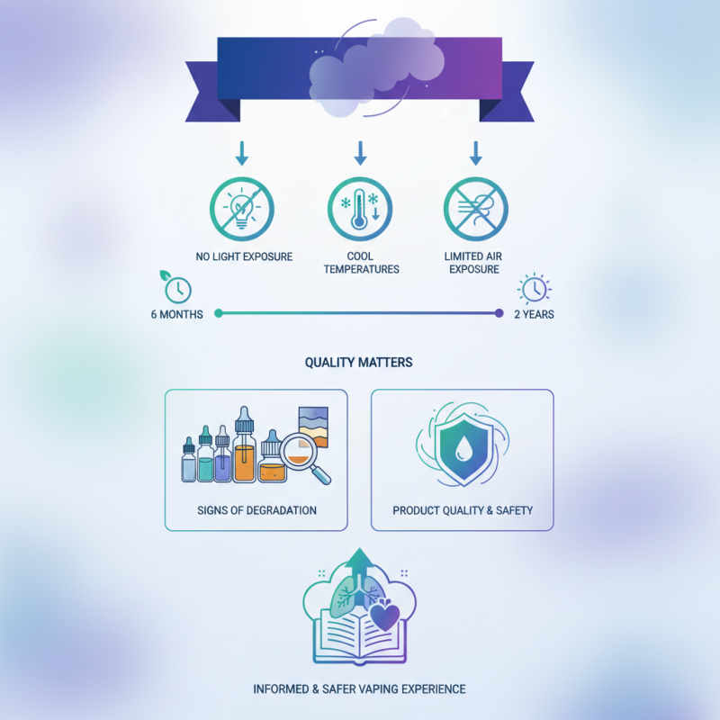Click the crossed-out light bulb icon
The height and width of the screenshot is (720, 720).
click(x=242, y=209)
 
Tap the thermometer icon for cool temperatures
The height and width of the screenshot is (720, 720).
click(x=360, y=209)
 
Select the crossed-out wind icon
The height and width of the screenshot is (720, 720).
click(x=476, y=209)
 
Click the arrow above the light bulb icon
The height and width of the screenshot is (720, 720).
click(x=242, y=153)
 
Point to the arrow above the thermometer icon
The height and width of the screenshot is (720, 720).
click(x=361, y=153)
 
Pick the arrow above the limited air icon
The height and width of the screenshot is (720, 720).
click(x=476, y=153)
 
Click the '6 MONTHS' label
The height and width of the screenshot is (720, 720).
click(x=176, y=314)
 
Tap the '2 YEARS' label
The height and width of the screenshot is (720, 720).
click(x=534, y=314)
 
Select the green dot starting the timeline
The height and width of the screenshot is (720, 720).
click(x=219, y=313)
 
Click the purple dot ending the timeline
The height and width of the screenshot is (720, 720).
click(x=499, y=313)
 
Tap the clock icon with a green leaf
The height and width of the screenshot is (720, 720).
click(x=176, y=287)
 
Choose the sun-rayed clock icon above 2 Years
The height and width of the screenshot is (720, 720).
click(x=535, y=289)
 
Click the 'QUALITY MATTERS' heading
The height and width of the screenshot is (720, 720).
click(x=358, y=363)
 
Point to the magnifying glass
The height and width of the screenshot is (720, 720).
click(x=303, y=458)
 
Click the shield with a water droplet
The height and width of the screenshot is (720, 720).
click(x=463, y=449)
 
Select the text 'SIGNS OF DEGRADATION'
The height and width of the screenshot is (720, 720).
click(x=256, y=510)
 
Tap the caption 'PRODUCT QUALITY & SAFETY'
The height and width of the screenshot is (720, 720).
click(x=463, y=510)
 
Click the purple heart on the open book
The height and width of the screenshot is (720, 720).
click(x=385, y=616)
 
